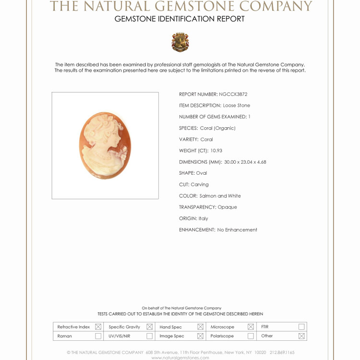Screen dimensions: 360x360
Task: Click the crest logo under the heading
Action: tap(180, 42)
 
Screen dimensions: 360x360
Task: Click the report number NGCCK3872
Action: tap(233, 94)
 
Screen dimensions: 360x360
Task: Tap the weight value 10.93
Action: tap(216, 151)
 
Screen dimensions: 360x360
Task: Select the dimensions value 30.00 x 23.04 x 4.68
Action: tap(245, 162)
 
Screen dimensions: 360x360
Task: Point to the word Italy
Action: tap(204, 218)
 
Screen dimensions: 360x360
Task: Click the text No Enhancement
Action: tap(237, 230)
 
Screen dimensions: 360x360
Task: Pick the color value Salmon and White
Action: tap(220, 196)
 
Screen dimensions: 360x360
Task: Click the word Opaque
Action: tap(228, 207)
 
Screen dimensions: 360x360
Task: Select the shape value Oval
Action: tap(202, 173)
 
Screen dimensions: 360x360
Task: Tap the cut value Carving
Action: tap(200, 185)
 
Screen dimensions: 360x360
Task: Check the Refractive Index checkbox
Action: tap(98, 327)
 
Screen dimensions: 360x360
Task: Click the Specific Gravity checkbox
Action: tap(149, 327)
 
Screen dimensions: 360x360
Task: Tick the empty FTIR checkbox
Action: tap(301, 327)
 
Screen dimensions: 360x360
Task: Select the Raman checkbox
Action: tap(98, 336)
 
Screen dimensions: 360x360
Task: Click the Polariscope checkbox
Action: tap(251, 336)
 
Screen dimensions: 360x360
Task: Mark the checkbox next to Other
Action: tap(301, 336)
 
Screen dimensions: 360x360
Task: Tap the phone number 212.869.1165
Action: tap(282, 352)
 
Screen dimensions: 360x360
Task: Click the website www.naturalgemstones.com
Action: tap(180, 358)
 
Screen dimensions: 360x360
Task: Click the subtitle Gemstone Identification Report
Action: tap(180, 19)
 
